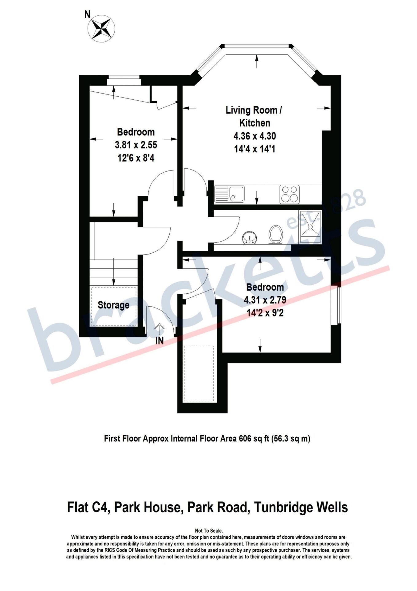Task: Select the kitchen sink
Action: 230,194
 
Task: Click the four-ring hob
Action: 289,194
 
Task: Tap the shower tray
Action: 310,227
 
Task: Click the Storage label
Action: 113,305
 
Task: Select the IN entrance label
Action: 159,341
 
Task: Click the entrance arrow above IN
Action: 159,329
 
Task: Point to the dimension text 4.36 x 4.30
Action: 255,136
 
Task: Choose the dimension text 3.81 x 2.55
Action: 136,144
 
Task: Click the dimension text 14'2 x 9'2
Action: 265,313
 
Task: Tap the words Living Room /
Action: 254,110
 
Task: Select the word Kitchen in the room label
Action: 255,123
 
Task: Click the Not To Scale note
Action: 209,531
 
